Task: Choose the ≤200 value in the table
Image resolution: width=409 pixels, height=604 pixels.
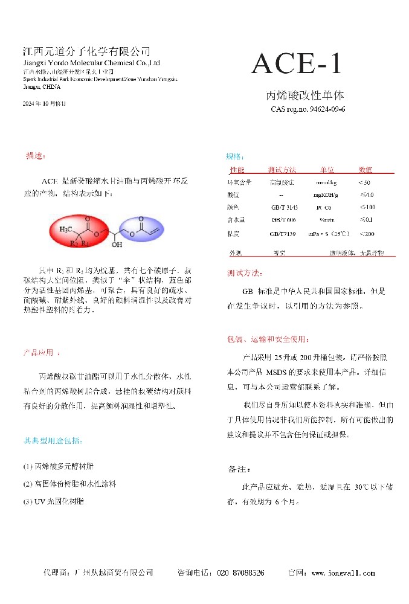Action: pos(366,234)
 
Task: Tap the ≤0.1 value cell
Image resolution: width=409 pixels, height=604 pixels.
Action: pos(366,220)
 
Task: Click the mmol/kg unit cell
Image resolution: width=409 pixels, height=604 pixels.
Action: pos(327,182)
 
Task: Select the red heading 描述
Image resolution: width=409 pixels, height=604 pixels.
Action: pos(36,155)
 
